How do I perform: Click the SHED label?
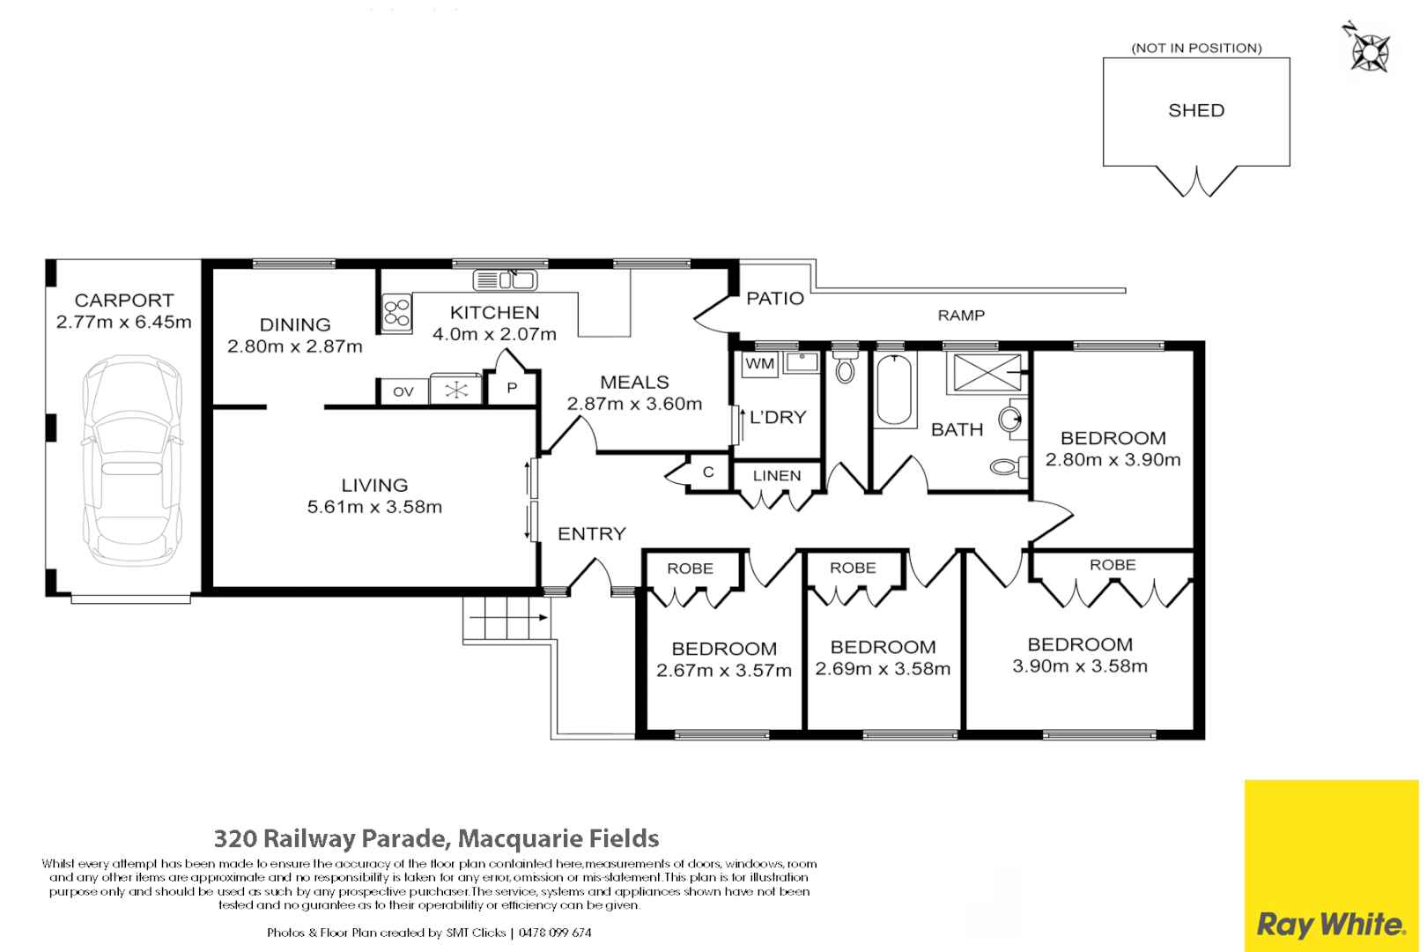[x=1195, y=111]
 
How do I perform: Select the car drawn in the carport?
[x=132, y=460]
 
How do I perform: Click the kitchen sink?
[x=505, y=280]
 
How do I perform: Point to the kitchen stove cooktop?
[x=396, y=313]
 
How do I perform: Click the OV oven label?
[x=403, y=391]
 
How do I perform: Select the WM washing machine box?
[x=759, y=364]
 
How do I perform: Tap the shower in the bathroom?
[x=987, y=372]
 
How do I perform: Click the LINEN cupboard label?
[x=777, y=476]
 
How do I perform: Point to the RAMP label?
[x=961, y=316]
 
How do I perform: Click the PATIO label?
[x=775, y=299]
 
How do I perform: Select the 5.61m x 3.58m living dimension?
[x=374, y=507]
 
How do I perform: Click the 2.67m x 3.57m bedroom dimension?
[x=724, y=671]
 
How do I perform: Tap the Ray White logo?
[x=1330, y=925]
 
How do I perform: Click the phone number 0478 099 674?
[x=555, y=933]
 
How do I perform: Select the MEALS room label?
[x=634, y=383]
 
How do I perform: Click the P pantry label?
[x=512, y=389]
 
